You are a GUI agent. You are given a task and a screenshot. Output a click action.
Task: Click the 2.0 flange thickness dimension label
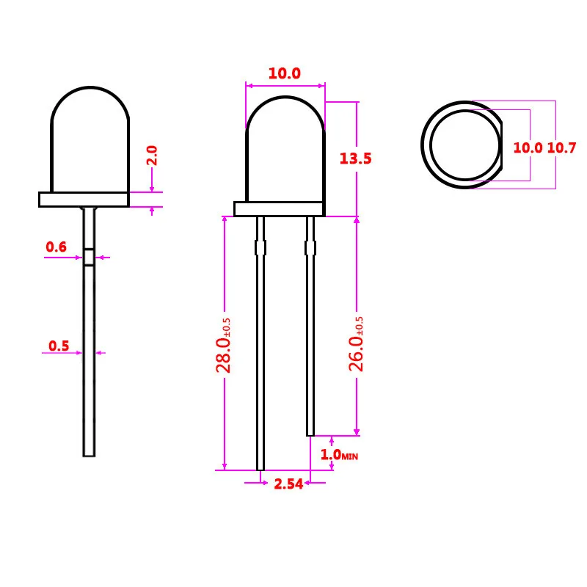click(152, 156)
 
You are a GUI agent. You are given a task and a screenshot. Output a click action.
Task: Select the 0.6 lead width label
click(56, 247)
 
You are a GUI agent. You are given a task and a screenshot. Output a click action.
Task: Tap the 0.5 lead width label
click(59, 346)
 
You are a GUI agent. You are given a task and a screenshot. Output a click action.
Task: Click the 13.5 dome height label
click(356, 158)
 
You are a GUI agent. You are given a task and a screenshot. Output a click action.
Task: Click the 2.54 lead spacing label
click(288, 484)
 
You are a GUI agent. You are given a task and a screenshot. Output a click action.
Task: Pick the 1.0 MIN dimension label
click(338, 455)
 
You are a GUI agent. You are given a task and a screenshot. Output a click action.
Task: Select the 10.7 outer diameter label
click(562, 147)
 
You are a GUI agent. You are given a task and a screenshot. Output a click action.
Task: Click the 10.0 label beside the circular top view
click(527, 147)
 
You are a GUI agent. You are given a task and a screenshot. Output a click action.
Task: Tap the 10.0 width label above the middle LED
click(284, 73)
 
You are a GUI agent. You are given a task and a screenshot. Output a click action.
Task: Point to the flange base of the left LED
click(84, 200)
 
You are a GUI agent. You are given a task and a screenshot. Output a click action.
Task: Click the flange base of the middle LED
click(279, 209)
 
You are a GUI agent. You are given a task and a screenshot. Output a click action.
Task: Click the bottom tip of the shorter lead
click(310, 433)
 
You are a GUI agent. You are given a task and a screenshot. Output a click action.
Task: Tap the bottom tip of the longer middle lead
click(260, 467)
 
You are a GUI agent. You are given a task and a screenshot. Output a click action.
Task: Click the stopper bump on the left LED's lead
click(89, 257)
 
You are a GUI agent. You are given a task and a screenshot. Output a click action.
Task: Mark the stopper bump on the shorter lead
click(310, 248)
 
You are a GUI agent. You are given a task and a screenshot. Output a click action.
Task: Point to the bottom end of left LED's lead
click(89, 453)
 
